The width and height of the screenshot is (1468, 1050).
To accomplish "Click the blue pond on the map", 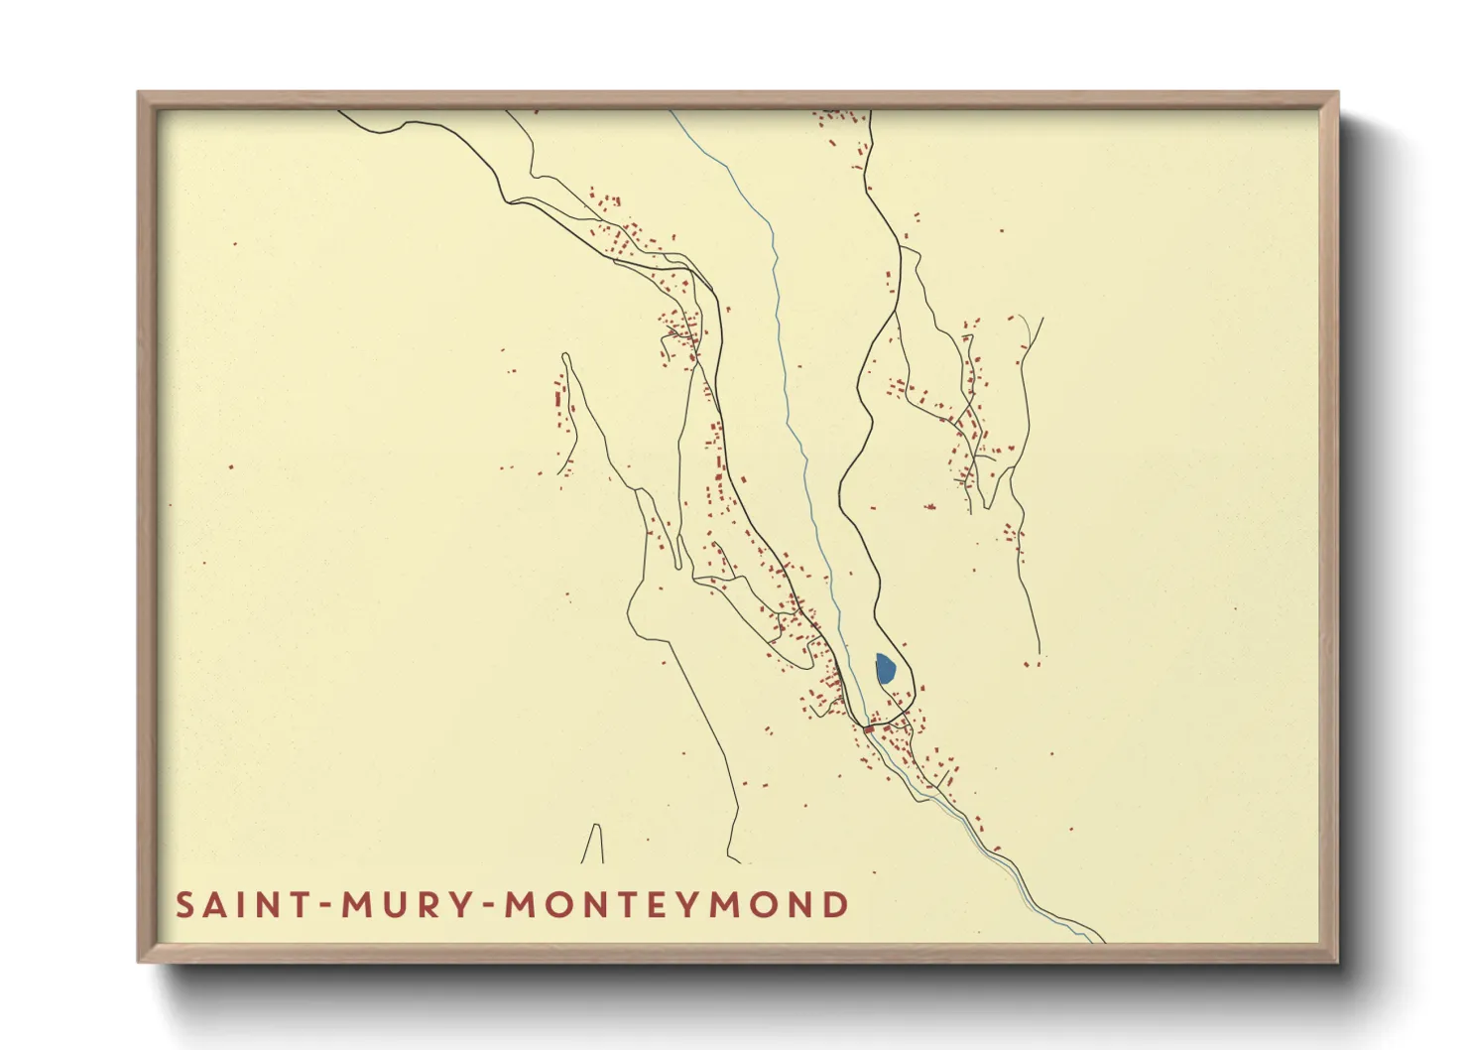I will (x=885, y=669).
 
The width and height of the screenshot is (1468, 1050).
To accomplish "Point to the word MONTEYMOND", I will (x=677, y=905).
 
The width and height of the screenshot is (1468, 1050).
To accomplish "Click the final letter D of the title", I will (x=836, y=905).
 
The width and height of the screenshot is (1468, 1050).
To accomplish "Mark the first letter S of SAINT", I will (x=184, y=905).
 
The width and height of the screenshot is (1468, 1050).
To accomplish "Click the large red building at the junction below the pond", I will (x=869, y=729).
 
